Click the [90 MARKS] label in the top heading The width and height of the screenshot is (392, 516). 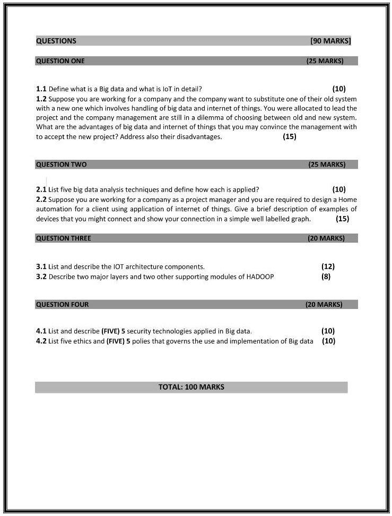(330, 41)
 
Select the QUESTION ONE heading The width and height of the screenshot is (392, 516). (60, 61)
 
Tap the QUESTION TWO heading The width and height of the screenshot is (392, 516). (61, 165)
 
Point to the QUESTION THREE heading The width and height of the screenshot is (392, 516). (63, 238)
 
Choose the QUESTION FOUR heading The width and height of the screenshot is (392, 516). (62, 305)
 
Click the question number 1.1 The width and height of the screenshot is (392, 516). (41, 89)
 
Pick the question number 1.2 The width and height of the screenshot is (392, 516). (41, 99)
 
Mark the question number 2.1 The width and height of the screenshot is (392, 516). (41, 190)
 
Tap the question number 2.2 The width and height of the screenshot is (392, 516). (41, 200)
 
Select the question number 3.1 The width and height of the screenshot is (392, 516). (41, 266)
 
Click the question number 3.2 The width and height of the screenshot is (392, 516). (41, 277)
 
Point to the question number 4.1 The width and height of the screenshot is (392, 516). (41, 331)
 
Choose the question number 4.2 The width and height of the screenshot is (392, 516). (41, 341)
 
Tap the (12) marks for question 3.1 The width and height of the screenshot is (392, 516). (328, 266)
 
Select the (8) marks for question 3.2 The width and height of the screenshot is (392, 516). (326, 277)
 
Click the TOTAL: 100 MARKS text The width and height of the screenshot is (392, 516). (191, 387)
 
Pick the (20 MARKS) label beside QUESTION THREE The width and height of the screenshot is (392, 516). (326, 238)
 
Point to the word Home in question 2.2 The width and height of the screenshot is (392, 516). (347, 200)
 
